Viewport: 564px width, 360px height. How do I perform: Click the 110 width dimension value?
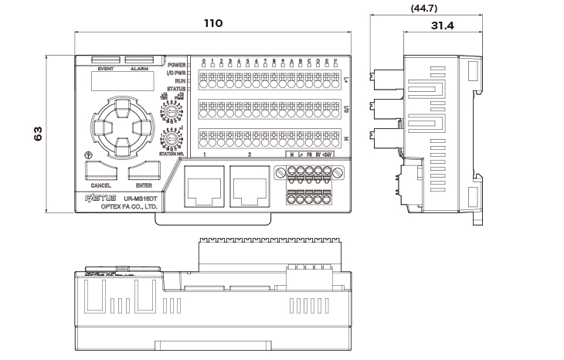(212, 24)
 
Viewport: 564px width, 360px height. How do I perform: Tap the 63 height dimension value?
(37, 134)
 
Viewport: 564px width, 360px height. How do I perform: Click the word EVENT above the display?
(106, 69)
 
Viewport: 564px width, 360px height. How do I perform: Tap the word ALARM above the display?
(140, 69)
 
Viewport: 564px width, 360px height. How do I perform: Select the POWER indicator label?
(175, 65)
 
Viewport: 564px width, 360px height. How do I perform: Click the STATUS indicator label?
(175, 89)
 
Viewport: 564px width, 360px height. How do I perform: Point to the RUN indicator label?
(179, 81)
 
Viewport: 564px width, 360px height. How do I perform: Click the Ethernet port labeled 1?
(205, 185)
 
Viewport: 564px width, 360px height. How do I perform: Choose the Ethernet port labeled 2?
(250, 185)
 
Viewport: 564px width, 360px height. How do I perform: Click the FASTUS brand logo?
(98, 199)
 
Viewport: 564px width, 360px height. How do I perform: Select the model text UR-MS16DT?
(141, 199)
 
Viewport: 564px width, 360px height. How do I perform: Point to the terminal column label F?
(335, 62)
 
